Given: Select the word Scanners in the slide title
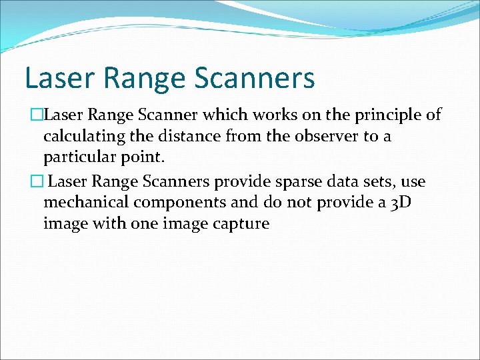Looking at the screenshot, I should coord(254,78).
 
